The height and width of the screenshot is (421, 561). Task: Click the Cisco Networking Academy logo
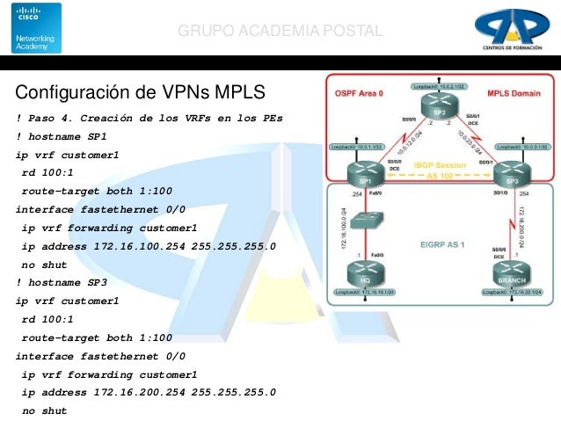click(x=36, y=27)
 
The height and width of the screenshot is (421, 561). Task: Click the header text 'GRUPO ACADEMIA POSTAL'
click(x=280, y=32)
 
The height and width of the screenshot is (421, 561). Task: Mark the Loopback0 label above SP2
click(x=439, y=87)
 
